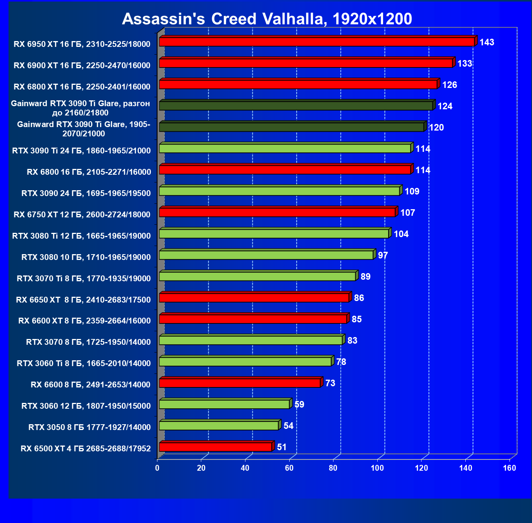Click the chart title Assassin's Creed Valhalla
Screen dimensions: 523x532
pos(267,19)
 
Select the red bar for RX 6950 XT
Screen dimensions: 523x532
pos(317,42)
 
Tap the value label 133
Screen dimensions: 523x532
pos(465,64)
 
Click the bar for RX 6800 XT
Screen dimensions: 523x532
pos(298,84)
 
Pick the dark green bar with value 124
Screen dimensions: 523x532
pos(296,106)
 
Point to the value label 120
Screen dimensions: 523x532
pos(436,127)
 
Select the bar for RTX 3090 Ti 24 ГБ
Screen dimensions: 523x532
pos(285,148)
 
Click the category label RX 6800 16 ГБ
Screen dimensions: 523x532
pos(89,172)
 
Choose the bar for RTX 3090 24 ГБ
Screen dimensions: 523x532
pos(279,191)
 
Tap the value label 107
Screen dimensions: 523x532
pos(408,213)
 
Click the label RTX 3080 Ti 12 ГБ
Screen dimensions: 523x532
pos(81,236)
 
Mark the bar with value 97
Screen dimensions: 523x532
pos(266,255)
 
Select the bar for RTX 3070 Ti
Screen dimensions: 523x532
pos(257,276)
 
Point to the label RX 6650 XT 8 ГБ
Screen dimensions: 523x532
pos(83,300)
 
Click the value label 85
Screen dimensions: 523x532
pos(356,319)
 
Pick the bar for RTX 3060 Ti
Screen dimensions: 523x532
pos(245,361)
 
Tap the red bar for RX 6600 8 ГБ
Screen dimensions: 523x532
pos(240,383)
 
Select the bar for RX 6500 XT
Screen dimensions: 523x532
pos(216,447)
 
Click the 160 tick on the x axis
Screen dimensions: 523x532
pos(510,468)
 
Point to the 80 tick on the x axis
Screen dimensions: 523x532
pos(333,468)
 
